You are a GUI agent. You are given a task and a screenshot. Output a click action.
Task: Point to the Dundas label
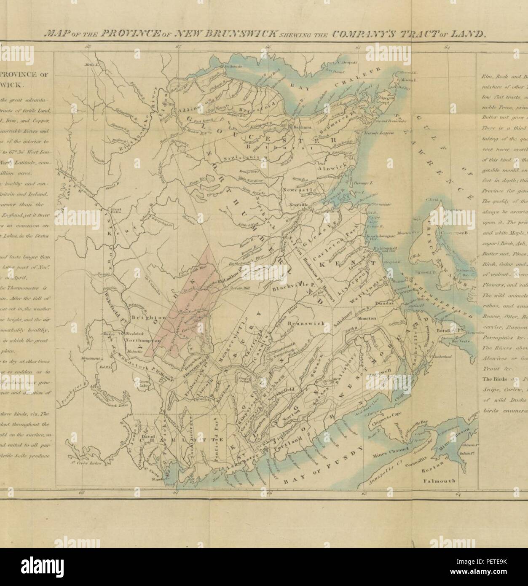[x=383, y=315]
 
